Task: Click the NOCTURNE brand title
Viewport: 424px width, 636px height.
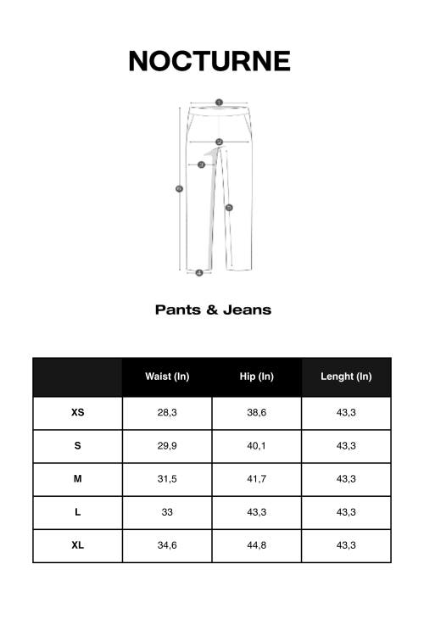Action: (209, 61)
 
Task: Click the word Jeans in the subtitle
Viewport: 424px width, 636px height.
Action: (247, 310)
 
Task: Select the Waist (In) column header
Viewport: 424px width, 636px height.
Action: (167, 377)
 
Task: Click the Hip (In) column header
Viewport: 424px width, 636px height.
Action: (256, 377)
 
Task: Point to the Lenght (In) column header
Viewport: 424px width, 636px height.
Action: (346, 377)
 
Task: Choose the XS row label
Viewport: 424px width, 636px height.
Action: (78, 413)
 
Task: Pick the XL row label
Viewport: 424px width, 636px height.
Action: (78, 545)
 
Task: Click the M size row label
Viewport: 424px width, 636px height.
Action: (78, 479)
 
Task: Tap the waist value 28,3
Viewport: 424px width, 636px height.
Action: (167, 413)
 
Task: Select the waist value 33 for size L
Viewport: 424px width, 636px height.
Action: (167, 512)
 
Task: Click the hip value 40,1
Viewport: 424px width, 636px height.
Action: (256, 446)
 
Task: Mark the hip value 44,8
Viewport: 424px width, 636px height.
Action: (256, 545)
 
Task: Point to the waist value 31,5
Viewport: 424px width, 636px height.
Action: (167, 479)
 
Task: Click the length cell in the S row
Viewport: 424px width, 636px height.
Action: (346, 446)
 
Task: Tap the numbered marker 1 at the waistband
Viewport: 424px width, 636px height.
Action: (219, 103)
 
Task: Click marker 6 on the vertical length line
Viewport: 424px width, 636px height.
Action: (179, 188)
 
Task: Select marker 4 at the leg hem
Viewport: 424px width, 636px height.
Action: (198, 272)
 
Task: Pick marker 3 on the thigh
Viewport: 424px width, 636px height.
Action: (201, 165)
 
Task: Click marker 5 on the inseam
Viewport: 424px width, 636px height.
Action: (229, 207)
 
